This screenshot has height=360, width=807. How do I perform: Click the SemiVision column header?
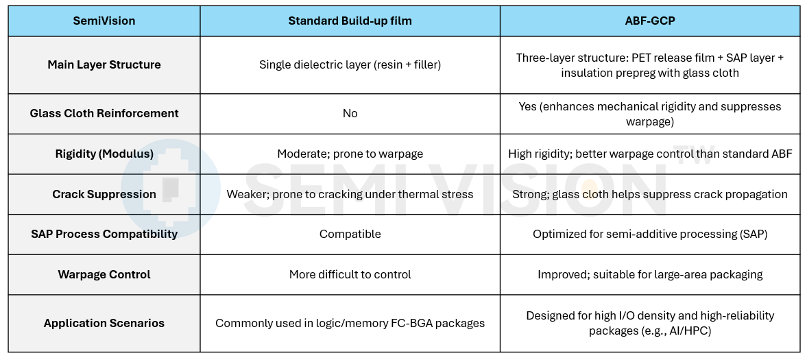pos(104,21)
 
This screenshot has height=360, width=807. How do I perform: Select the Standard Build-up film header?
pos(350,21)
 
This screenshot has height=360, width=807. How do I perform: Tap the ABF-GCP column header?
pos(650,21)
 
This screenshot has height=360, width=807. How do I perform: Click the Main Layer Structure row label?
pos(104,65)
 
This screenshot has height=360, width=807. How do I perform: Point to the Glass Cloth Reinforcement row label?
pos(104,113)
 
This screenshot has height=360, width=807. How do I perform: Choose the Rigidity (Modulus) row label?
pos(104,154)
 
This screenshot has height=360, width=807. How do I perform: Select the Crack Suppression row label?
pos(104,194)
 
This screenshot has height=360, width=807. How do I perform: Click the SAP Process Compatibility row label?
pos(104,234)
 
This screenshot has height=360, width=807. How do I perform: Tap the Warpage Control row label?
pos(104,274)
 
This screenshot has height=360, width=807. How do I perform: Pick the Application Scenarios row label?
pos(104,324)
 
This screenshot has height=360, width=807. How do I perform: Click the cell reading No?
pos(350,113)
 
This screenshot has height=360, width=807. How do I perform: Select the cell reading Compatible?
pos(350,234)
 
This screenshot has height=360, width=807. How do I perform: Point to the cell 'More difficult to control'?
pos(350,274)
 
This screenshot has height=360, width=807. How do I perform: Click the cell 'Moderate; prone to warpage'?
pos(350,154)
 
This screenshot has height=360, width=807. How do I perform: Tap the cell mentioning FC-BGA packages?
pos(350,324)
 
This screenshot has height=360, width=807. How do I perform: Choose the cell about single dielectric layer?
pos(350,65)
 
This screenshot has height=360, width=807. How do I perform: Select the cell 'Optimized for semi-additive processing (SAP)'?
pos(650,234)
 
